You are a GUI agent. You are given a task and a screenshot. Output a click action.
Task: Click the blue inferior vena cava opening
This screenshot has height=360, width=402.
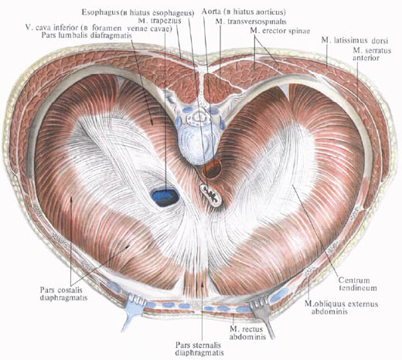[165, 197]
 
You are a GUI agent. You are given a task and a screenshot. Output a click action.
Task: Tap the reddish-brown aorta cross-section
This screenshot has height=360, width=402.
[212, 168]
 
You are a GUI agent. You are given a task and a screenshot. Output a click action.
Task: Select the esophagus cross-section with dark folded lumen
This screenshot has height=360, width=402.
[211, 195]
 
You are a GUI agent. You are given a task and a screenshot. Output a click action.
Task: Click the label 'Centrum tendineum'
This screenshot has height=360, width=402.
[358, 284]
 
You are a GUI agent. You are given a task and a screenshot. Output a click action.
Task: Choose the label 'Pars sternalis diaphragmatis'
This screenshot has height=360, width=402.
[199, 348]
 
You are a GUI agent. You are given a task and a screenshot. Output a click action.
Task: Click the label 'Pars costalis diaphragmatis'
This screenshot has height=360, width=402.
[63, 294]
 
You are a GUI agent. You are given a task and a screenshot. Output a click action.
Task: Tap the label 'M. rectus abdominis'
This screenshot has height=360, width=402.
[247, 333]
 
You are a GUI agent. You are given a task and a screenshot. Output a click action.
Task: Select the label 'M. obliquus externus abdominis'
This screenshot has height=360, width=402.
[341, 307]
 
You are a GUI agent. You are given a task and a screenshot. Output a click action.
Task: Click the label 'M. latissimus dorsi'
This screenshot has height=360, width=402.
[355, 41]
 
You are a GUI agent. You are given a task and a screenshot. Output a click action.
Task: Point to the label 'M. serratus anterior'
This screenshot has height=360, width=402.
[372, 54]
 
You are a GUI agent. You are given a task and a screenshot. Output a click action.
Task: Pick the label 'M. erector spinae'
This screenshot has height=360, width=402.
[280, 31]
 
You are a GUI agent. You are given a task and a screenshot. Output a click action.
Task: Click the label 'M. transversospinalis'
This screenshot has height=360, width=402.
[251, 22]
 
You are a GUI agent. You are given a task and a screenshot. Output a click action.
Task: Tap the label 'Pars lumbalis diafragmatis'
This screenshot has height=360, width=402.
[87, 36]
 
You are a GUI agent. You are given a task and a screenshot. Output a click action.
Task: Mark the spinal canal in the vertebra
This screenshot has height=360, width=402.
[199, 117]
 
